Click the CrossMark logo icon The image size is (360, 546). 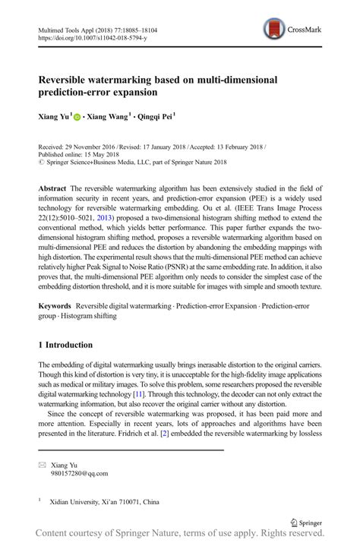(x=274, y=30)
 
